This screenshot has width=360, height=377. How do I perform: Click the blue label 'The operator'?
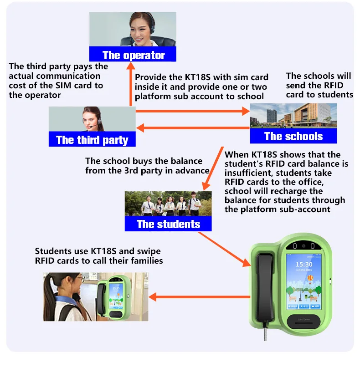[133, 55]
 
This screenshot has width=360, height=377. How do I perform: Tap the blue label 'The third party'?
[92, 139]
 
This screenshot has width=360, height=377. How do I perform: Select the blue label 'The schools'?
[293, 136]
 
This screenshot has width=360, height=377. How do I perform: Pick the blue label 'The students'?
[168, 224]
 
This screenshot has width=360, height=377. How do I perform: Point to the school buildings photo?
[293, 116]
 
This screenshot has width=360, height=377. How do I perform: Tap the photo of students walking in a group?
[168, 203]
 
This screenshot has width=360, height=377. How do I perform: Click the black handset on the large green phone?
[266, 286]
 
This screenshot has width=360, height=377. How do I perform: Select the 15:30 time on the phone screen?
[304, 264]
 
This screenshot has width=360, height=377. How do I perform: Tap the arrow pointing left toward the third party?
[191, 128]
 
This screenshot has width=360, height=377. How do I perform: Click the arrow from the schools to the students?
[212, 168]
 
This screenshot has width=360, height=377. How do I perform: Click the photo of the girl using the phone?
[96, 296]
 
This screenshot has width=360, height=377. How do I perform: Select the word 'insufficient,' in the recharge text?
[249, 173]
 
